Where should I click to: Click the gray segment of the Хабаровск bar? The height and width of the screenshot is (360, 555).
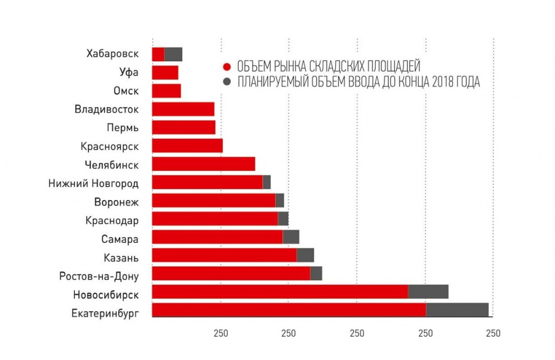(x=173, y=54)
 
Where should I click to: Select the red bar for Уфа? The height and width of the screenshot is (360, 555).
(x=165, y=72)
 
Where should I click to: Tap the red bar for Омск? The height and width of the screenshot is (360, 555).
(x=166, y=91)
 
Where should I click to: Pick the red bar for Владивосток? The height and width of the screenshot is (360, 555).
(x=183, y=109)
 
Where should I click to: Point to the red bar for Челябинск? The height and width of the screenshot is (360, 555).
(x=203, y=164)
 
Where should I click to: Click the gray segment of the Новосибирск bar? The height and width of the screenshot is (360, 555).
(x=428, y=291)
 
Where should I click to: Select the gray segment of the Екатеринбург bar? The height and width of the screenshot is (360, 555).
(x=457, y=310)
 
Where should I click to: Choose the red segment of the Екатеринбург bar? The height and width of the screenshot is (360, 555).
(x=289, y=310)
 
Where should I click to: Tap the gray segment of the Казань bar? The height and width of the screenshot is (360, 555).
(x=305, y=255)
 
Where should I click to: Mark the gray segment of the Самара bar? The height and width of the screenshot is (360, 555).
(x=291, y=237)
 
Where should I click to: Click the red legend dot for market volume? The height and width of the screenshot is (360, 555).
(x=227, y=67)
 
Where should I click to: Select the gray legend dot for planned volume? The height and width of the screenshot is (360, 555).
(x=227, y=82)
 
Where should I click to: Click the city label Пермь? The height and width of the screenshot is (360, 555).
(x=122, y=128)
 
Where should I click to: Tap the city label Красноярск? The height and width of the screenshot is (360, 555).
(x=109, y=146)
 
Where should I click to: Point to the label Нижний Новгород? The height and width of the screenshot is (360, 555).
(x=93, y=183)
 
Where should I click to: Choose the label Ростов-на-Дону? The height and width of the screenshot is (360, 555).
(x=99, y=277)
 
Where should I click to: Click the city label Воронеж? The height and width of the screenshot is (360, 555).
(x=117, y=202)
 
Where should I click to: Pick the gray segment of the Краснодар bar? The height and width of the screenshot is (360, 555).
(x=283, y=218)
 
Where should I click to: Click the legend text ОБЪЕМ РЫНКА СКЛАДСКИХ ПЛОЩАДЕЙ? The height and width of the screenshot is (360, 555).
(x=328, y=67)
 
